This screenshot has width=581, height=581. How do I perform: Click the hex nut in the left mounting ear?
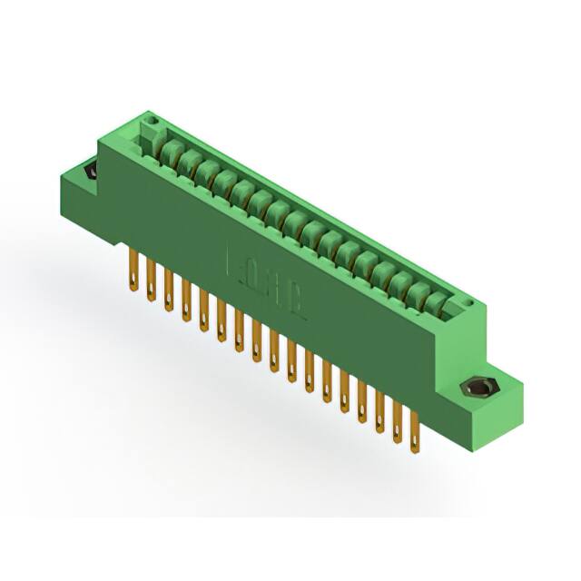click(x=91, y=172)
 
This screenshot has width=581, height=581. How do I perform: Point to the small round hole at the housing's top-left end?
click(x=153, y=120)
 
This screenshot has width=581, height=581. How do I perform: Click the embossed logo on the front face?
click(x=264, y=277)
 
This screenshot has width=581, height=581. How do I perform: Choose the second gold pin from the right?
click(x=398, y=424)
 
